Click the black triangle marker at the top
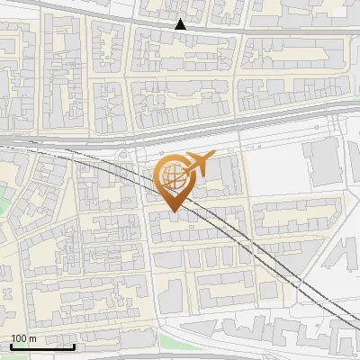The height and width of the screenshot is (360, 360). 181,24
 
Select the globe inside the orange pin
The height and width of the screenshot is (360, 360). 171,174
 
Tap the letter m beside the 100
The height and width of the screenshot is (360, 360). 33,338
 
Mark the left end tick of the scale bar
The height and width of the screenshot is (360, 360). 11,346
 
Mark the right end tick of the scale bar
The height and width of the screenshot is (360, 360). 75,346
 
